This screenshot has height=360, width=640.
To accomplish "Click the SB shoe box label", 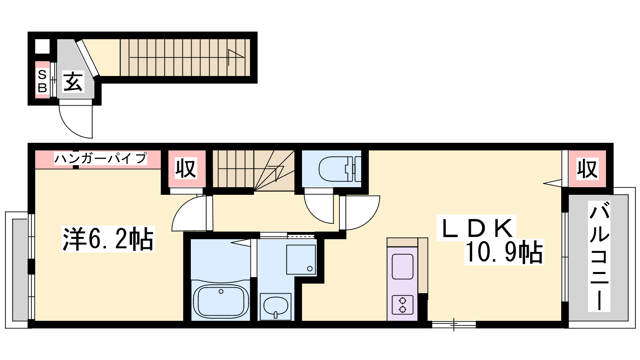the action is (42, 81).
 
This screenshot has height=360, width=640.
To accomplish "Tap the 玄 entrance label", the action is (73, 82).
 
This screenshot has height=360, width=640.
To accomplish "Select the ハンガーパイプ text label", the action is (100, 158).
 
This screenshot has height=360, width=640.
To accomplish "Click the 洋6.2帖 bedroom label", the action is (108, 239).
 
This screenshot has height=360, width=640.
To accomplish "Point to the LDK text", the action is (476, 228).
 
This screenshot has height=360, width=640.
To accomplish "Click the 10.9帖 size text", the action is (504, 252).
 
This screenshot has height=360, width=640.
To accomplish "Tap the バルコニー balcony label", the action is (599, 256).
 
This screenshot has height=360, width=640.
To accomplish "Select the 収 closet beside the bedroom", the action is (186, 168).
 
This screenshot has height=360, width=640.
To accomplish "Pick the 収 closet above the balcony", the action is (587, 169).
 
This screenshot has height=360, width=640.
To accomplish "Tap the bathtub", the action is (220, 302).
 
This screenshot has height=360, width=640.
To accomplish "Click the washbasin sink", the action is (276, 306).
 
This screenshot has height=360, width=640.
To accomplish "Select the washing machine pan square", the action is (301, 260).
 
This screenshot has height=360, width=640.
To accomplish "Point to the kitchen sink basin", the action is (402, 266).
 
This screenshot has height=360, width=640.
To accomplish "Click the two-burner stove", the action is (402, 305).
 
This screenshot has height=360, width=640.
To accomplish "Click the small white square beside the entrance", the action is (42, 46).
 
